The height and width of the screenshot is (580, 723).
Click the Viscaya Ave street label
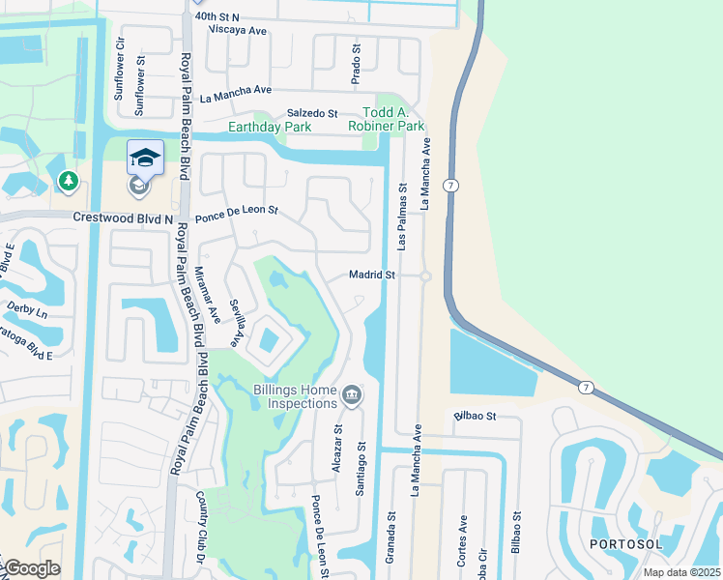point(244,30)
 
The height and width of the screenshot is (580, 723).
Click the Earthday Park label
point(269,127)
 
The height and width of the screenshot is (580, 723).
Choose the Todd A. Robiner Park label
point(393,120)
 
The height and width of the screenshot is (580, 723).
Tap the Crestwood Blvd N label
point(123,218)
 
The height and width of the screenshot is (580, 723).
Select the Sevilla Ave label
point(234,322)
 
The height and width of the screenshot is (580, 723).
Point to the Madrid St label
point(372,275)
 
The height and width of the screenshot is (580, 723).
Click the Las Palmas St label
point(403,211)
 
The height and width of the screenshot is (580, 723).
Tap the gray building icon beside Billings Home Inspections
point(352,395)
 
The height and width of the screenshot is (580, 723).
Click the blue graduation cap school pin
point(145,159)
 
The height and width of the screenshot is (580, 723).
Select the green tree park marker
point(68,181)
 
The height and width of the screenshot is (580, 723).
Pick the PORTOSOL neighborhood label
point(629,544)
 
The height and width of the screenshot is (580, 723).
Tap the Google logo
point(31,568)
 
